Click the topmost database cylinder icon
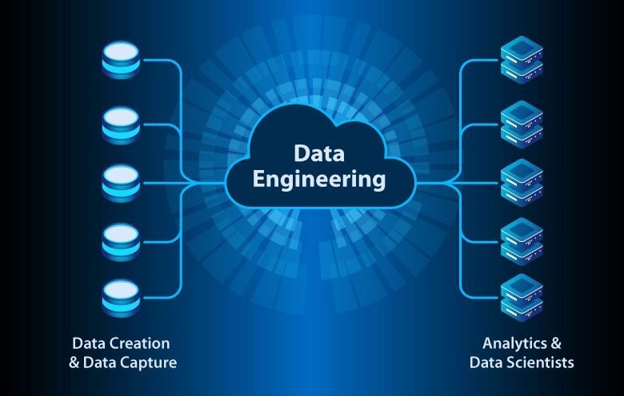coord(121,60)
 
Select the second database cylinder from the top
coord(121,125)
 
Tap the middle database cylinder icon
coord(121,183)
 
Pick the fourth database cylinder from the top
coord(121,242)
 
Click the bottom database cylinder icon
coord(121,298)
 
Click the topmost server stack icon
coord(522,60)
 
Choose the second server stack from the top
coord(522,125)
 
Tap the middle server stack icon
coord(522,183)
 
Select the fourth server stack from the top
coord(522,241)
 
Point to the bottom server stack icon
coord(522,298)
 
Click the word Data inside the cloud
coord(319,153)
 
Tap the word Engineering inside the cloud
coord(319,179)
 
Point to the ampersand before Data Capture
coord(74,362)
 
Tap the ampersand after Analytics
coord(556,343)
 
